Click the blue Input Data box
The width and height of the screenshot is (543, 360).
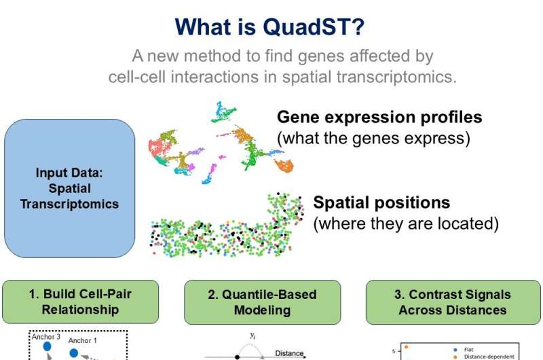pyautogui.click(x=70, y=188)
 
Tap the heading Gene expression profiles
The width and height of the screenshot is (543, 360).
pyautogui.click(x=379, y=117)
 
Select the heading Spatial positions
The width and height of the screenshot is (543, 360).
pyautogui.click(x=381, y=202)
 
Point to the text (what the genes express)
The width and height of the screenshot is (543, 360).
pyautogui.click(x=373, y=138)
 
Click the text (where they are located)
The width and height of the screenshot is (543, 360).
pyautogui.click(x=406, y=223)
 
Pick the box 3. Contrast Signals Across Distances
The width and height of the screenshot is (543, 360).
pyautogui.click(x=452, y=302)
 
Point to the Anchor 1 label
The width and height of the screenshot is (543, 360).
pyautogui.click(x=83, y=341)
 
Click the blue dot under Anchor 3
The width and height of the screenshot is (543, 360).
pyautogui.click(x=48, y=347)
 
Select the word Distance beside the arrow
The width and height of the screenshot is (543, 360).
pyautogui.click(x=289, y=353)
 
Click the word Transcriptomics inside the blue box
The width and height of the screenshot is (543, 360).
pyautogui.click(x=69, y=204)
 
